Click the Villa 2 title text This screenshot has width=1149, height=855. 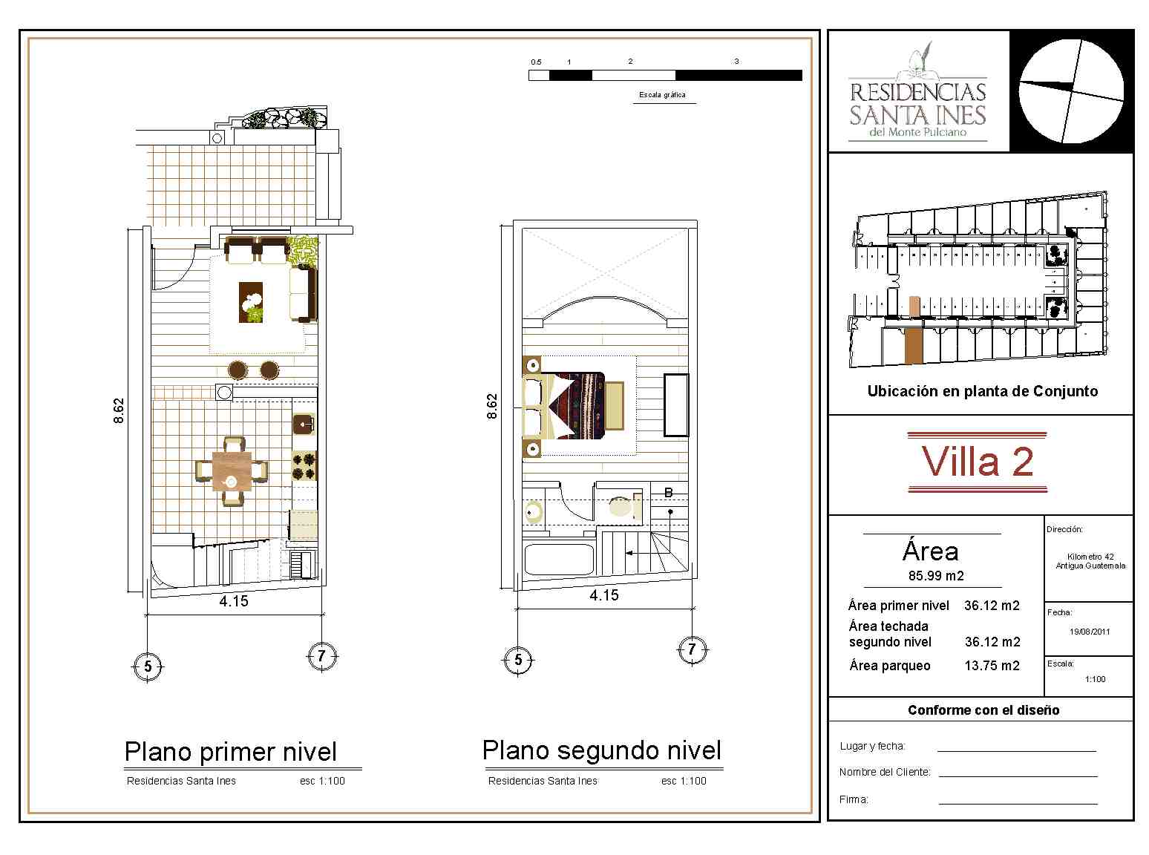click(977, 462)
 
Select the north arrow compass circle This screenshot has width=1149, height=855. click(1071, 91)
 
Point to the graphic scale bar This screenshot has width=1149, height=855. click(665, 75)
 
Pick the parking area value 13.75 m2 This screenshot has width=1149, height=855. click(992, 666)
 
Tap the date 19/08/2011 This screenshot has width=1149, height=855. click(1089, 632)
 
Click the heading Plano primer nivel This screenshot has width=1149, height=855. click(230, 751)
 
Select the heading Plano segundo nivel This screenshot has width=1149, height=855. click(601, 750)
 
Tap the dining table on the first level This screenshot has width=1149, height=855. click(232, 471)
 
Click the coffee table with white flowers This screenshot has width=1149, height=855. click(251, 302)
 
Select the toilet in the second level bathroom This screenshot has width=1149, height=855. click(621, 505)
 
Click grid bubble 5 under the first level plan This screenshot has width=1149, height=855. click(148, 666)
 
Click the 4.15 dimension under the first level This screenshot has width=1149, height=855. click(234, 601)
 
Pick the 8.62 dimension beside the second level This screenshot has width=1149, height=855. click(492, 406)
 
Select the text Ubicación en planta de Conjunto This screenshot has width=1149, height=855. click(982, 391)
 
